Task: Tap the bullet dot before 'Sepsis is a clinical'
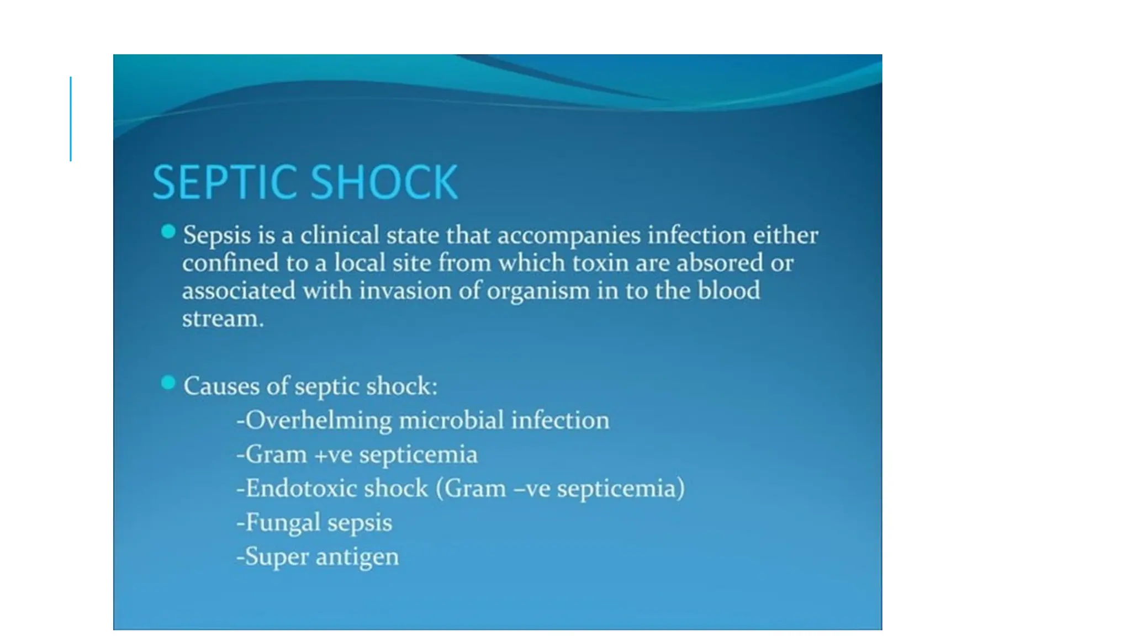(168, 232)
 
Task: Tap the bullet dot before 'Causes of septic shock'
(168, 383)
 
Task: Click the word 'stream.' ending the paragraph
(223, 319)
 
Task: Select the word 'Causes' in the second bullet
(221, 386)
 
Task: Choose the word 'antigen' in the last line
(357, 556)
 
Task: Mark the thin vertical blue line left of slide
(71, 119)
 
